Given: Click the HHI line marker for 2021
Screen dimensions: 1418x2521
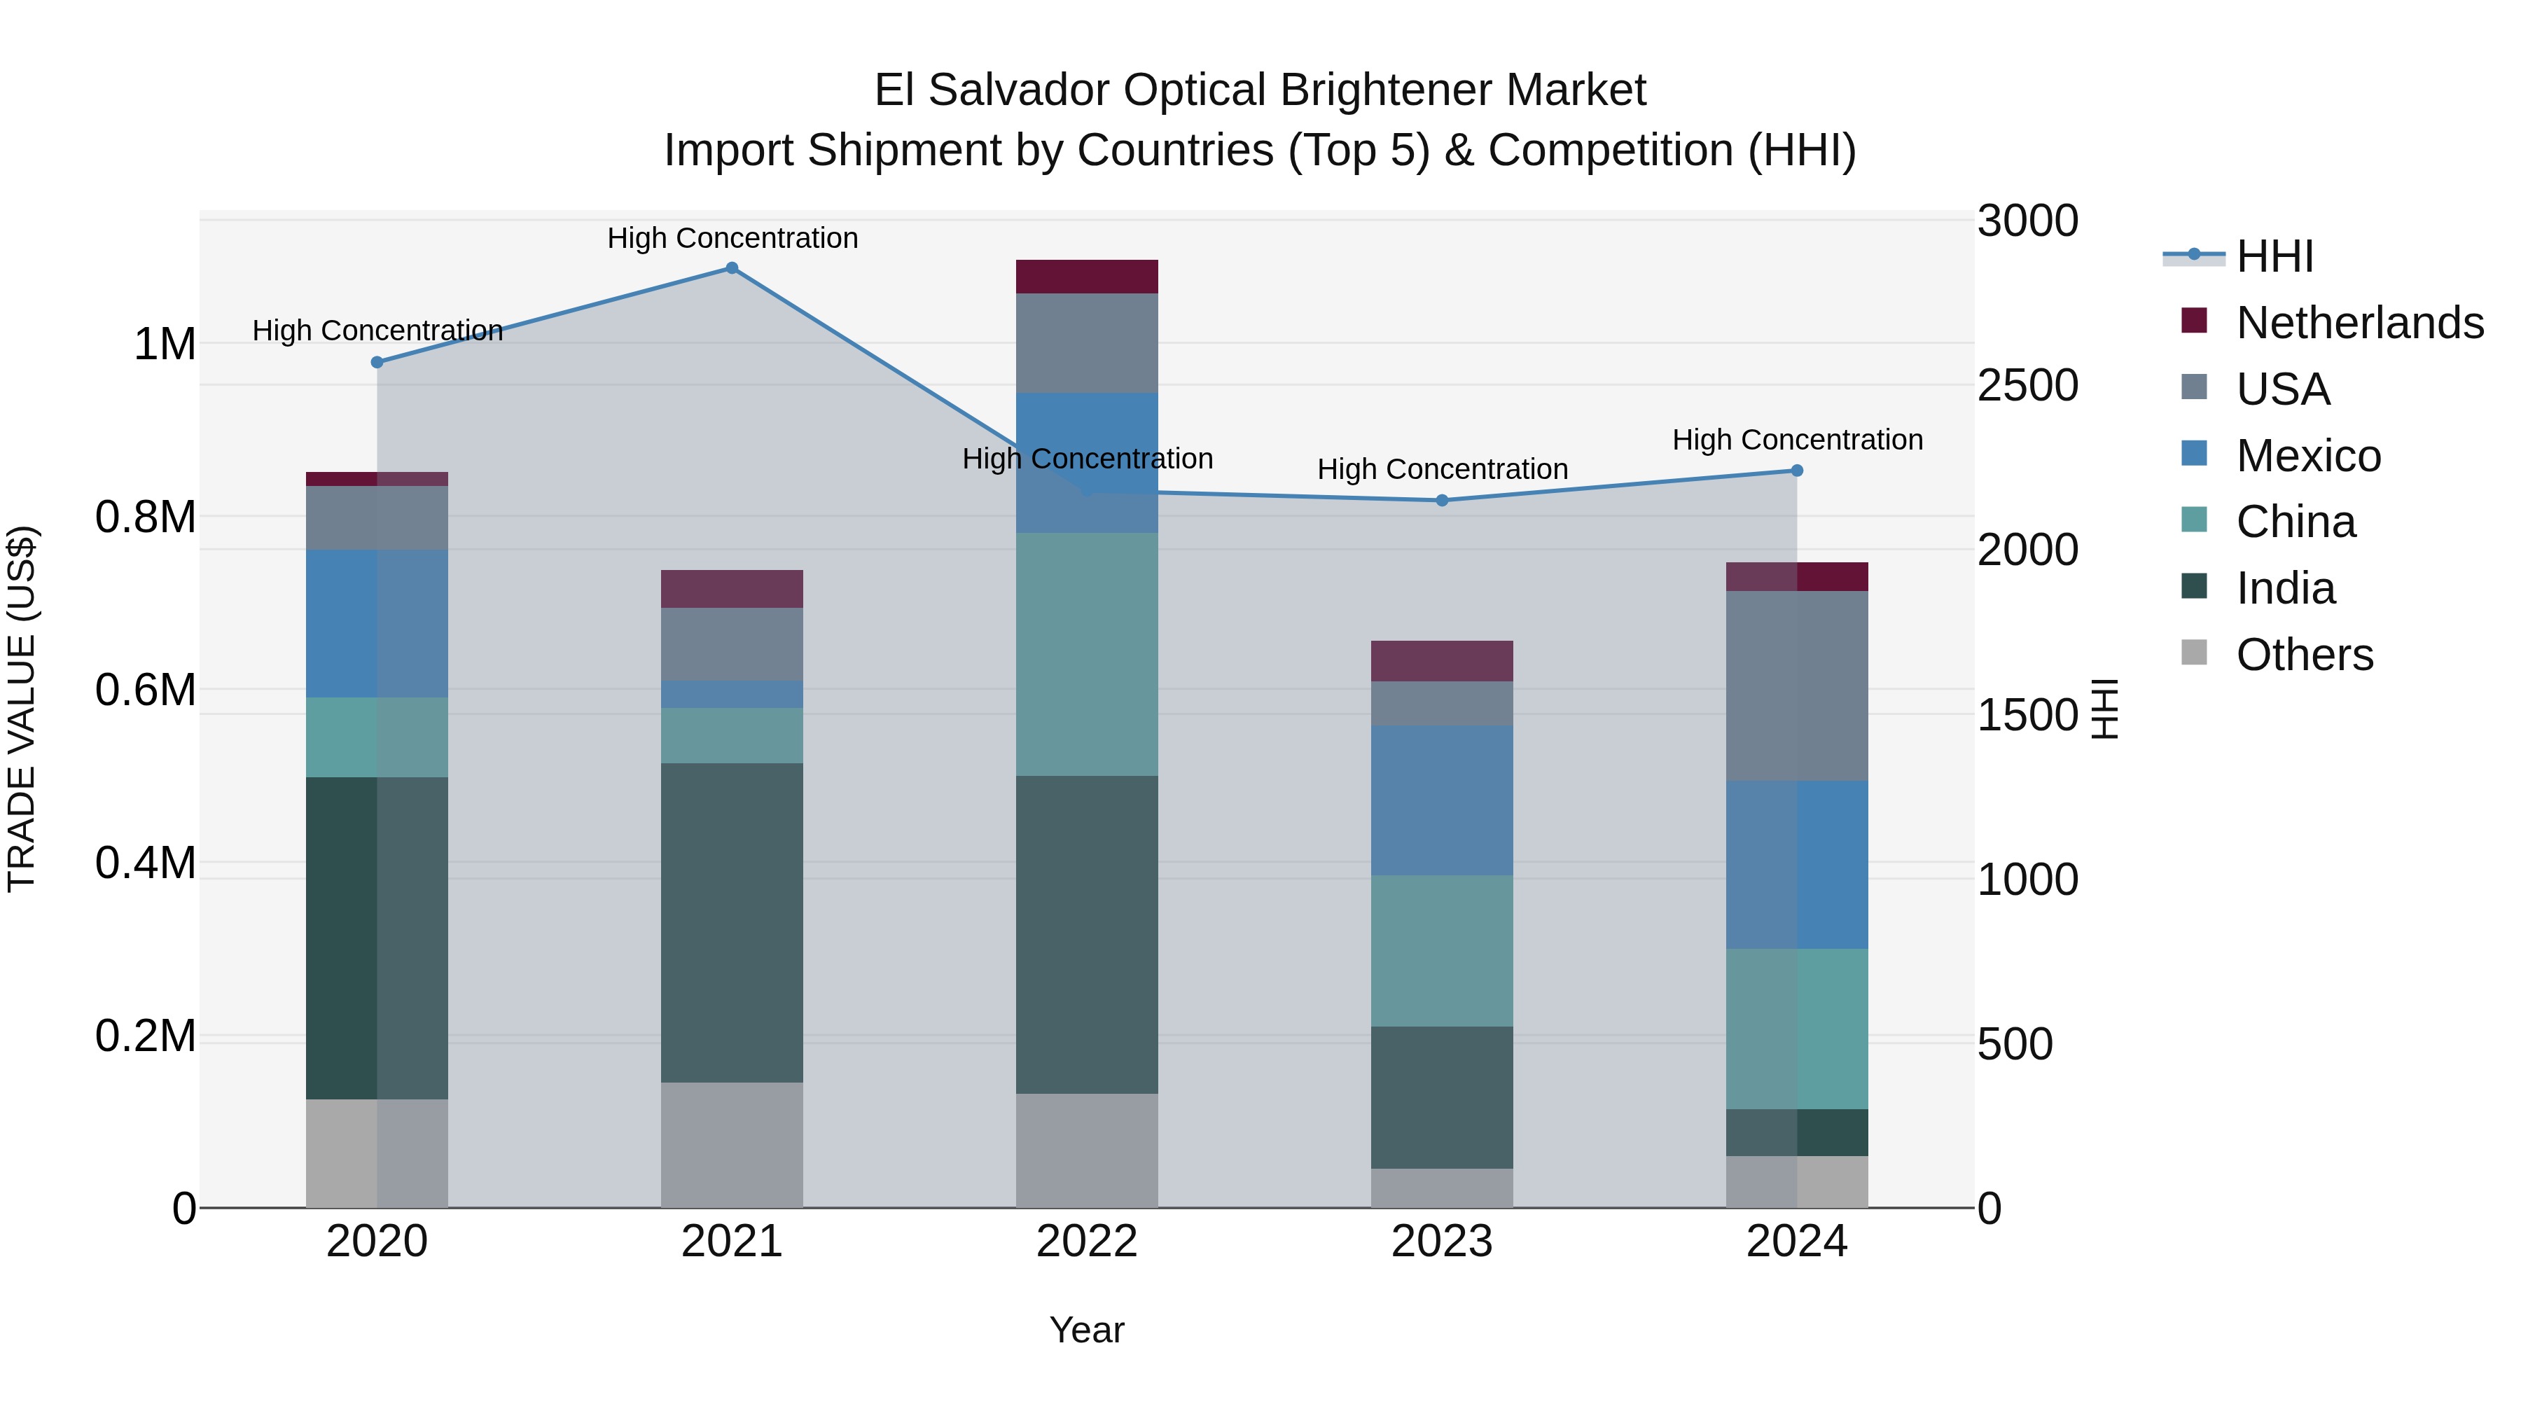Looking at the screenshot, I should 731,268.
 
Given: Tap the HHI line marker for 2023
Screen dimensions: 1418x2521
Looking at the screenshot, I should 1442,500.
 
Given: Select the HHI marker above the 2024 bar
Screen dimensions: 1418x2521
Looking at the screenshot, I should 1797,471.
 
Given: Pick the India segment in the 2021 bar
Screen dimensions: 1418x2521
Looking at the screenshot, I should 731,923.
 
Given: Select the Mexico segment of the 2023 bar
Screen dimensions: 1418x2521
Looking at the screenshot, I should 1442,800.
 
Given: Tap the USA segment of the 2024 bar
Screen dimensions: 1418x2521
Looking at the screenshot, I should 1797,686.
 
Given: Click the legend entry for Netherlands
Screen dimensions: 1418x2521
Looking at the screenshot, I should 2359,323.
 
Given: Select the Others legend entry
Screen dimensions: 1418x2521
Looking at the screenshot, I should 2304,655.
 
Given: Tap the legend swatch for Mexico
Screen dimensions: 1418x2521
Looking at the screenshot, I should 2195,454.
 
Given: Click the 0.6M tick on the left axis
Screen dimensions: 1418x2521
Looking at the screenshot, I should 146,690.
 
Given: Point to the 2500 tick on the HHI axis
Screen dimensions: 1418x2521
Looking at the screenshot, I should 2027,386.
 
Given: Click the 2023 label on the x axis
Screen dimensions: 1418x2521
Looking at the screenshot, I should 1442,1242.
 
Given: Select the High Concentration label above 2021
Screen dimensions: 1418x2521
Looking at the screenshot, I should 732,238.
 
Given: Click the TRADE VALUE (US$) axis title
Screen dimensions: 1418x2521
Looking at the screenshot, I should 22,709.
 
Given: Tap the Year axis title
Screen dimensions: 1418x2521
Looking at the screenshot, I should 1086,1330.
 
